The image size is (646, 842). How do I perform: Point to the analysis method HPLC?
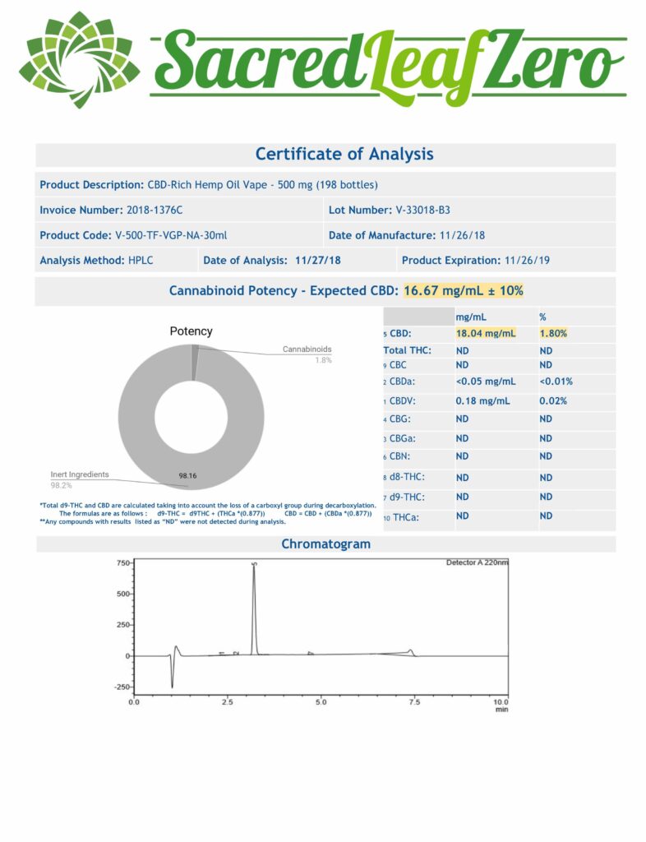[141, 261]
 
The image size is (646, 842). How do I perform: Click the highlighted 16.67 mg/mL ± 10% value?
[464, 291]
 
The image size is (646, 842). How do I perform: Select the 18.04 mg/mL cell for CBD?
[486, 334]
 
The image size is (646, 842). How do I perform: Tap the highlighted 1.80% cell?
[552, 334]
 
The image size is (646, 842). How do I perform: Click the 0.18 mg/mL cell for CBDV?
[482, 400]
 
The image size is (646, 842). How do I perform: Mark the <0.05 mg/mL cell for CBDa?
[486, 382]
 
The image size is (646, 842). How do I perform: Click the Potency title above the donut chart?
[191, 331]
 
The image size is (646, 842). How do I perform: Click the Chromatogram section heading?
[325, 544]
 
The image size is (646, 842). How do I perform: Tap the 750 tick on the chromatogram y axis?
[123, 563]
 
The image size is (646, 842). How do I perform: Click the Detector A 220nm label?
[477, 563]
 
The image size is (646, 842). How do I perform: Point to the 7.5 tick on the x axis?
[414, 703]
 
